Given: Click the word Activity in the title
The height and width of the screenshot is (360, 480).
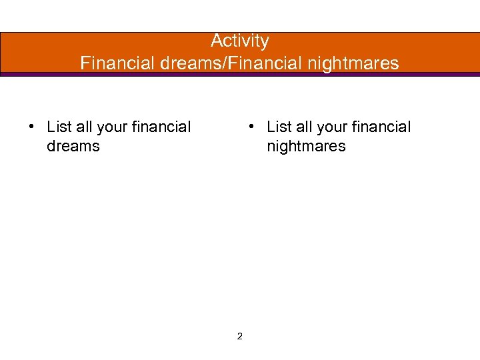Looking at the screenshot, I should [x=240, y=41].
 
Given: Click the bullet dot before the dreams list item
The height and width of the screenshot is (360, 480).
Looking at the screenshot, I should [x=31, y=127].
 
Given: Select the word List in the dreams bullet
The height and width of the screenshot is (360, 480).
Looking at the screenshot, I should [x=59, y=127].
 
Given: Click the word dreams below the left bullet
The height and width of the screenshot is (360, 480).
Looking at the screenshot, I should [x=73, y=146].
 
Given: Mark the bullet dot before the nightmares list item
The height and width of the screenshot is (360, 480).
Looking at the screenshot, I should [x=250, y=127].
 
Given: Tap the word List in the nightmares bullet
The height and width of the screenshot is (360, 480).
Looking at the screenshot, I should [x=279, y=127].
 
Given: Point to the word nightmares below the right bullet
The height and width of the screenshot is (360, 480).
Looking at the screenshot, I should [x=306, y=146].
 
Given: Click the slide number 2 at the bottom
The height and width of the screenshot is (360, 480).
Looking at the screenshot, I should [x=240, y=336].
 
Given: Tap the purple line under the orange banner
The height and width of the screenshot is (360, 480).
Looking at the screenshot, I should [x=240, y=74].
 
